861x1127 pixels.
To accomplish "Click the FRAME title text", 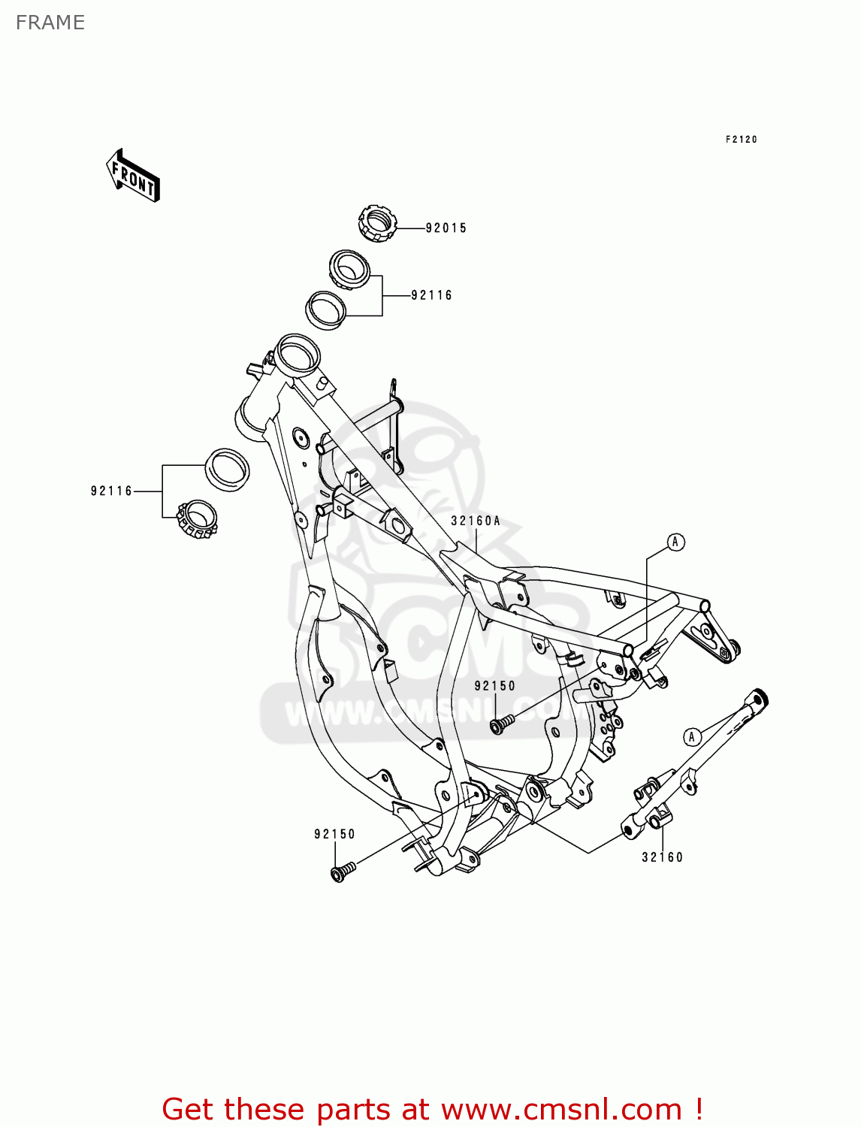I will point(50,23).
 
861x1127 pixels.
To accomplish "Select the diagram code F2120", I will point(741,140).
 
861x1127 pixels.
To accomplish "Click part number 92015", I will point(446,228).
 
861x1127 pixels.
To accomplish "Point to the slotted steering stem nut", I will point(376,223).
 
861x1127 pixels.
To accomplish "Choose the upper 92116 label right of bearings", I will point(432,296).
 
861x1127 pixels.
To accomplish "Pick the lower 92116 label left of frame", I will point(111,491).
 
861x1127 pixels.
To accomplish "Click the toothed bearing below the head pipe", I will point(198,519).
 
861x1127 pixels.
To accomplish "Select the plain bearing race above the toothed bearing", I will point(228,470).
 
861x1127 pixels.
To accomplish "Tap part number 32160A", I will point(476,521).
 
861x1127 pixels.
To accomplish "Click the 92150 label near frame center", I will point(494,686).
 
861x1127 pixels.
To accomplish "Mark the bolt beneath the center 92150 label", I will point(501,724).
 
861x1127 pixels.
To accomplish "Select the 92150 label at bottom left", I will point(334,834).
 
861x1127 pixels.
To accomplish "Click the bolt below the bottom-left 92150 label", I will point(343,872).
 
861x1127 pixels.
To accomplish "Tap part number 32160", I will point(662,857).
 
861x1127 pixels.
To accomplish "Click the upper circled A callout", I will point(675,542).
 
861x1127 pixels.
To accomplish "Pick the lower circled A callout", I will point(692,736).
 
